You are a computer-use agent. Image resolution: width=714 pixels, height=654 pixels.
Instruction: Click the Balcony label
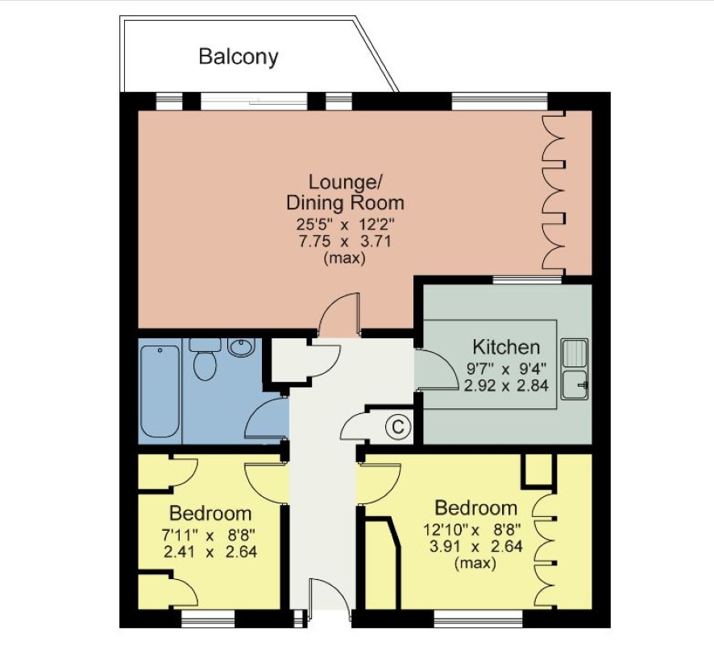pyautogui.click(x=239, y=57)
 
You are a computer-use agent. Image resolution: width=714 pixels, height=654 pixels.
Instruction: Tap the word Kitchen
pyautogui.click(x=506, y=347)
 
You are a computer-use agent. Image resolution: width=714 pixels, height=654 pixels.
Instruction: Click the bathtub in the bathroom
pyautogui.click(x=160, y=391)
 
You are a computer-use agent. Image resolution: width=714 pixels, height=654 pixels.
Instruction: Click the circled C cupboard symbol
pyautogui.click(x=398, y=427)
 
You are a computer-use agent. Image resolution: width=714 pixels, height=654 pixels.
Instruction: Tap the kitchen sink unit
pyautogui.click(x=575, y=369)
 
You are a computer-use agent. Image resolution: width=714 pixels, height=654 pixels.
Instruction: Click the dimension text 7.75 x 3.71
pyautogui.click(x=345, y=241)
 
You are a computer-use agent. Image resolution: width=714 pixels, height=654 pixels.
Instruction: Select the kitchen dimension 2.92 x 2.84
pyautogui.click(x=506, y=386)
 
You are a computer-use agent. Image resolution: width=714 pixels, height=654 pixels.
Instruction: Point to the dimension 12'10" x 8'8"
pyautogui.click(x=473, y=530)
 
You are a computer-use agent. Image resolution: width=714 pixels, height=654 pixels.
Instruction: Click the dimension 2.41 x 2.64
pyautogui.click(x=210, y=552)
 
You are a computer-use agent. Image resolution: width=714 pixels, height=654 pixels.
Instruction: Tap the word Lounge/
pyautogui.click(x=345, y=182)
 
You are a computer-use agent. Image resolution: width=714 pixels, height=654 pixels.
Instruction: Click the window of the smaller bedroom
pyautogui.click(x=208, y=619)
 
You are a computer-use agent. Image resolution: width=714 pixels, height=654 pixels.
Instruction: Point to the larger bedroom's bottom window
pyautogui.click(x=478, y=619)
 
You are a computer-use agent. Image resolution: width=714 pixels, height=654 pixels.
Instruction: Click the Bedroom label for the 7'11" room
pyautogui.click(x=210, y=513)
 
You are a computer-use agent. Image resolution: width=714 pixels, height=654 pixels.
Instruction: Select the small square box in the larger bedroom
pyautogui.click(x=539, y=470)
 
